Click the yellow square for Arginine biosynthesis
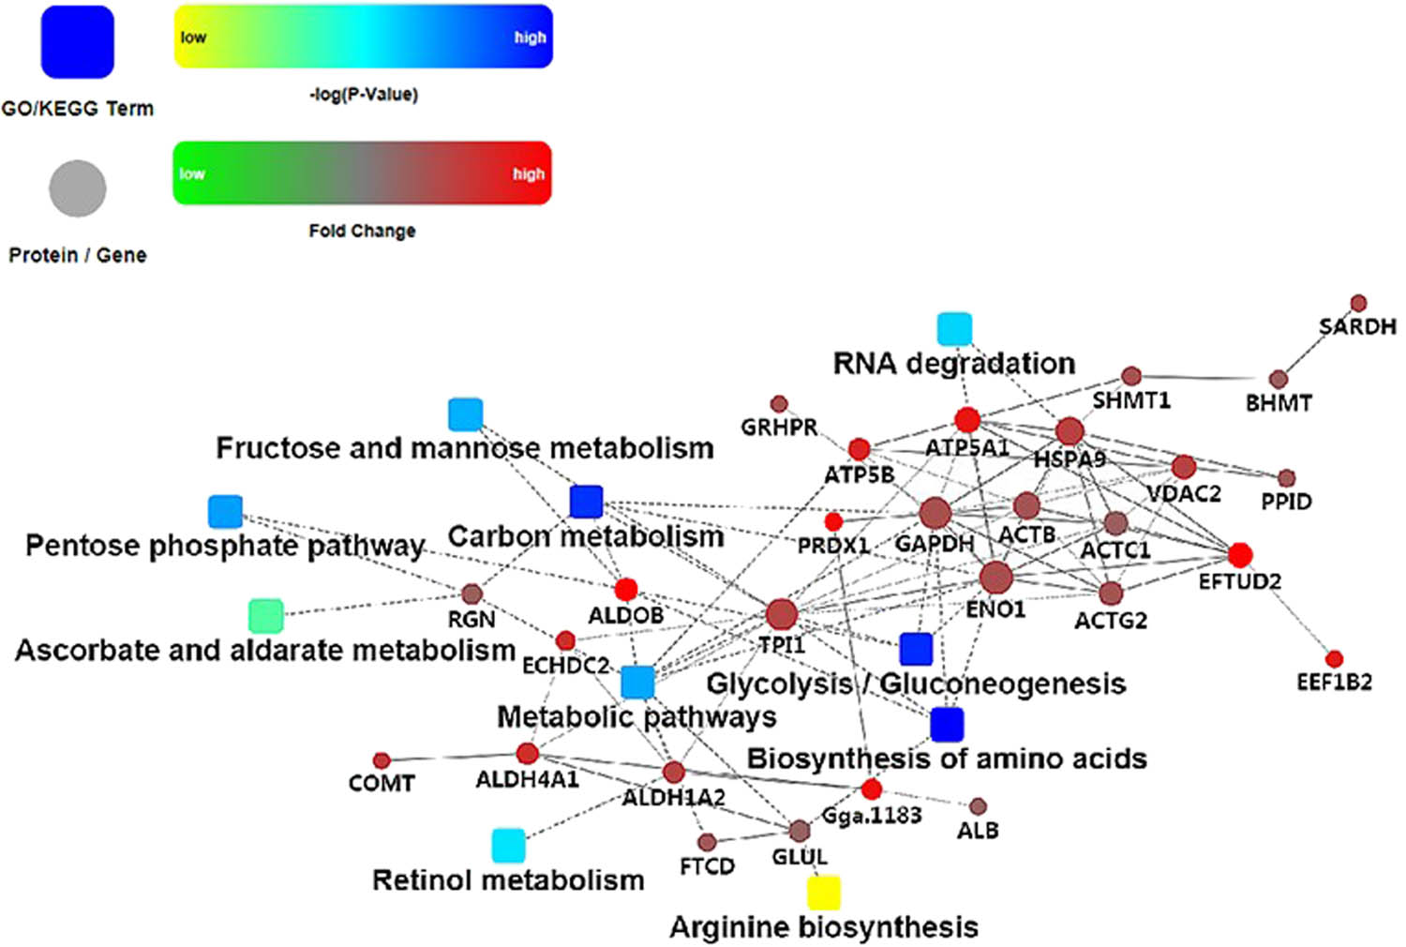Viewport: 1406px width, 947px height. (x=824, y=892)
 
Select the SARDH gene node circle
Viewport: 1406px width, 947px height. (x=1358, y=303)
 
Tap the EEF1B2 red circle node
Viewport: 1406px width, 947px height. (x=1334, y=659)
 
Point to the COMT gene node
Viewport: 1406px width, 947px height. (x=381, y=760)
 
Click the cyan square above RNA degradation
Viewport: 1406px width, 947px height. (x=954, y=329)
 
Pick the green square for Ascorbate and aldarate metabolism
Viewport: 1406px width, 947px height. (x=265, y=615)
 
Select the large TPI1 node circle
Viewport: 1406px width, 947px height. (x=781, y=615)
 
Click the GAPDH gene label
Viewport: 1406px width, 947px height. (x=934, y=544)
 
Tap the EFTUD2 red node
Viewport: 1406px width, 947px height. (x=1240, y=555)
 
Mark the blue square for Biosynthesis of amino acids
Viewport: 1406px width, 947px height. (x=947, y=724)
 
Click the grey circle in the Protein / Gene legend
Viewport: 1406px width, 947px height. (x=77, y=188)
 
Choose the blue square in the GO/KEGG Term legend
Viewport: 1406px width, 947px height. (x=77, y=42)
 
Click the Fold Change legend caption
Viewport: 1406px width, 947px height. (x=362, y=231)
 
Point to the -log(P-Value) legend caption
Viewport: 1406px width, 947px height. (x=364, y=95)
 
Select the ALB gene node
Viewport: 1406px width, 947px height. (x=978, y=806)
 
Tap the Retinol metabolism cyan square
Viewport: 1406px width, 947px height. (x=508, y=845)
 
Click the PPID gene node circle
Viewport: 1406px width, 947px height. (x=1286, y=478)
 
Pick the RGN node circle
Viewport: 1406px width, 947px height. (x=471, y=594)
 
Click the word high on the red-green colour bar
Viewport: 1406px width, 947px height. (x=528, y=174)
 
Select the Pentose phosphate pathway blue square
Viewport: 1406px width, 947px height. (x=225, y=511)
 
